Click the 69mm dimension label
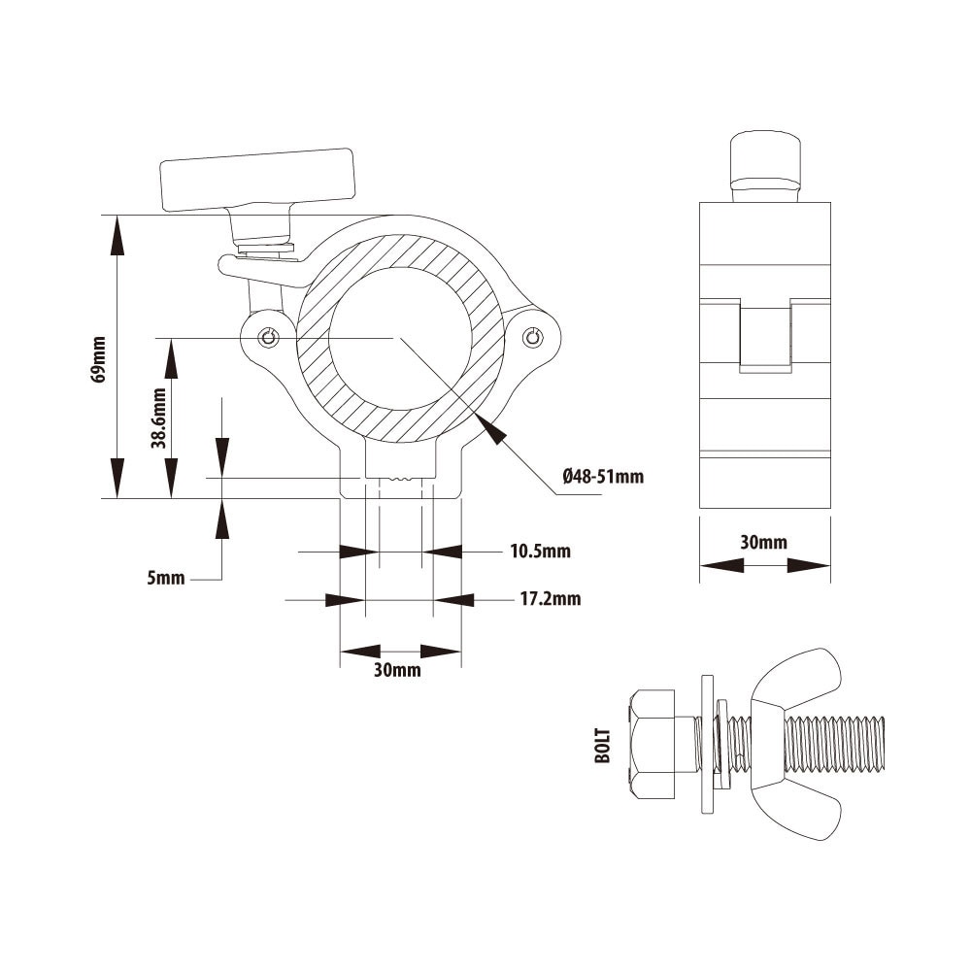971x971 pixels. (x=98, y=359)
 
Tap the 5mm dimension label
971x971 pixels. (x=165, y=579)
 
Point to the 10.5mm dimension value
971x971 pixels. (x=540, y=552)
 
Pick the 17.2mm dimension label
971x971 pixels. (x=550, y=599)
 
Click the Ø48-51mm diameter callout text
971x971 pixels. (x=603, y=477)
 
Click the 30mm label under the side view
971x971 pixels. (x=764, y=543)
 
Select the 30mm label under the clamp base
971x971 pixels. (x=398, y=671)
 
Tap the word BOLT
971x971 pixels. (x=603, y=745)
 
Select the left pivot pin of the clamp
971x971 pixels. (x=269, y=337)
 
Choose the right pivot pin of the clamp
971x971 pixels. (x=531, y=337)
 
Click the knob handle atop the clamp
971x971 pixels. (x=258, y=180)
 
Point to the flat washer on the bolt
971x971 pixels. (x=706, y=744)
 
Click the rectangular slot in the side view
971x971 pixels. (x=765, y=338)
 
